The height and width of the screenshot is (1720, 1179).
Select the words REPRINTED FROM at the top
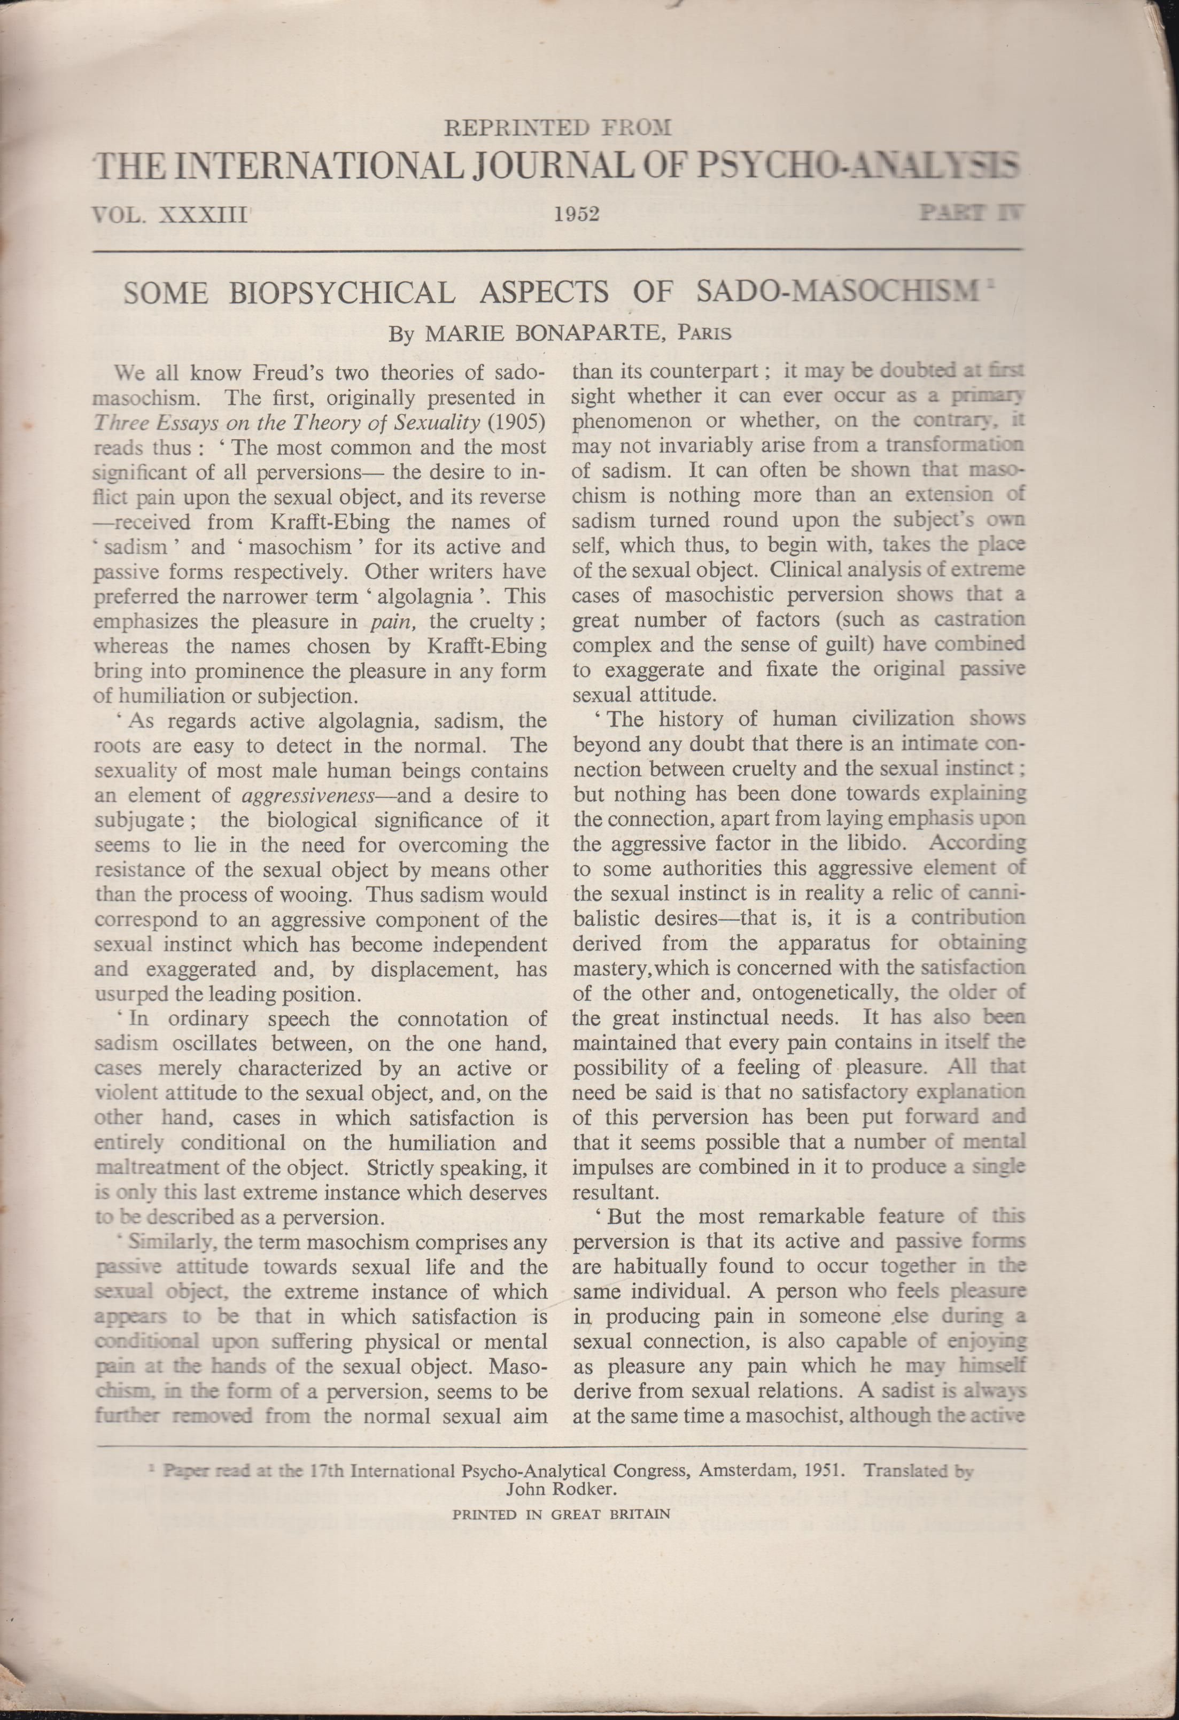(557, 128)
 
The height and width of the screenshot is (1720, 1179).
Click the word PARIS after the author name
(705, 334)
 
